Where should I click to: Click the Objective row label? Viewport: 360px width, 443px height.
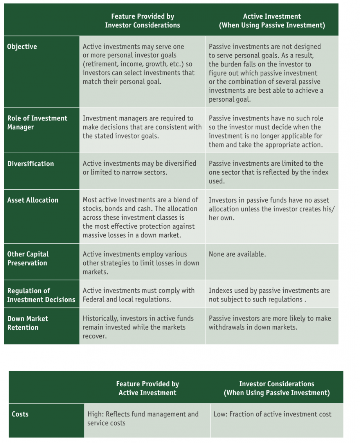(x=22, y=47)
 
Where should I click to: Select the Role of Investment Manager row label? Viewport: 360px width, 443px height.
(x=37, y=122)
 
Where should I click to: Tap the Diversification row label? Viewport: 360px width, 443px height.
(x=31, y=164)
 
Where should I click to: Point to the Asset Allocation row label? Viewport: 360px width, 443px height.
(x=32, y=200)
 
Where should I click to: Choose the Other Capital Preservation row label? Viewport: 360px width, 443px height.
(x=28, y=258)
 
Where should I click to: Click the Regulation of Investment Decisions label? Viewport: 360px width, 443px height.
(x=41, y=295)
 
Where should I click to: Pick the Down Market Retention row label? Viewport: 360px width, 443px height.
(x=28, y=323)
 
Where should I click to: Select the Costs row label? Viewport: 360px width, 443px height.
(x=20, y=414)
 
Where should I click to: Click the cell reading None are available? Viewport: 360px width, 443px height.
(x=237, y=254)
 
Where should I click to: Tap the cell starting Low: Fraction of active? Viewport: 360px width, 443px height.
(x=272, y=414)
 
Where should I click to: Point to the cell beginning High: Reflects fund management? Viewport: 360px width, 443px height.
(x=143, y=418)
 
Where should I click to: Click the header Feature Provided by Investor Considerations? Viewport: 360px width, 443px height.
(x=142, y=21)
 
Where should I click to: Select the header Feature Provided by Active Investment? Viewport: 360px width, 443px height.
(x=148, y=388)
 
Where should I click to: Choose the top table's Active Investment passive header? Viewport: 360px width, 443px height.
(x=272, y=21)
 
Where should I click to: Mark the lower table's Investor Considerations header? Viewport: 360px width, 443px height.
(x=277, y=388)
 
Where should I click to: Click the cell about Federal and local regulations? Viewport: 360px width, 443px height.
(x=139, y=295)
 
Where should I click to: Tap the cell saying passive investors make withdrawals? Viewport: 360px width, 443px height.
(x=270, y=323)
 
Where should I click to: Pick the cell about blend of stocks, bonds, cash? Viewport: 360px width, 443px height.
(x=140, y=218)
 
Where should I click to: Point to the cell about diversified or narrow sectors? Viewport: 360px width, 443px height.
(x=139, y=168)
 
